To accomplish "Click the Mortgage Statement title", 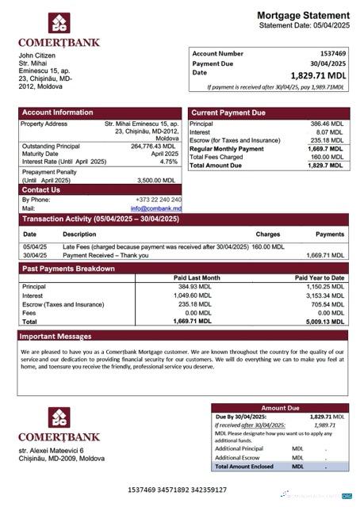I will tap(303, 15).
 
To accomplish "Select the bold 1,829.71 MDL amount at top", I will tap(319, 75).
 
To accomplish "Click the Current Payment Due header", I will tap(228, 112).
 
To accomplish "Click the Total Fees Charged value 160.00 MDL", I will tap(331, 157).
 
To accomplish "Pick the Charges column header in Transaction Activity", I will tap(268, 234).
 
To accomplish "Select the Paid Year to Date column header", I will tap(320, 278).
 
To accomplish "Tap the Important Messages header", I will tap(58, 336).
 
